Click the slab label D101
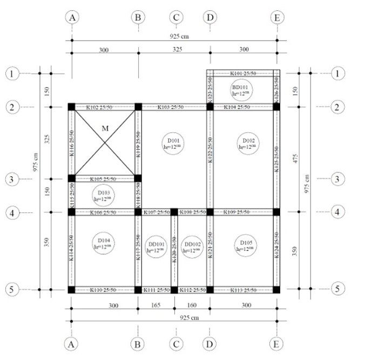click(x=172, y=143)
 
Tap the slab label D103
click(x=104, y=195)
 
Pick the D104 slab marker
click(x=104, y=244)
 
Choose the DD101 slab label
click(x=156, y=246)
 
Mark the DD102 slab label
click(x=192, y=246)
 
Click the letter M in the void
click(x=104, y=129)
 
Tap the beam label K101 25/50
click(x=244, y=73)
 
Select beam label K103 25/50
click(x=173, y=107)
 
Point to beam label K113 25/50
click(x=244, y=290)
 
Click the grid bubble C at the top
click(x=176, y=17)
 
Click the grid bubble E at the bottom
click(x=276, y=343)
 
